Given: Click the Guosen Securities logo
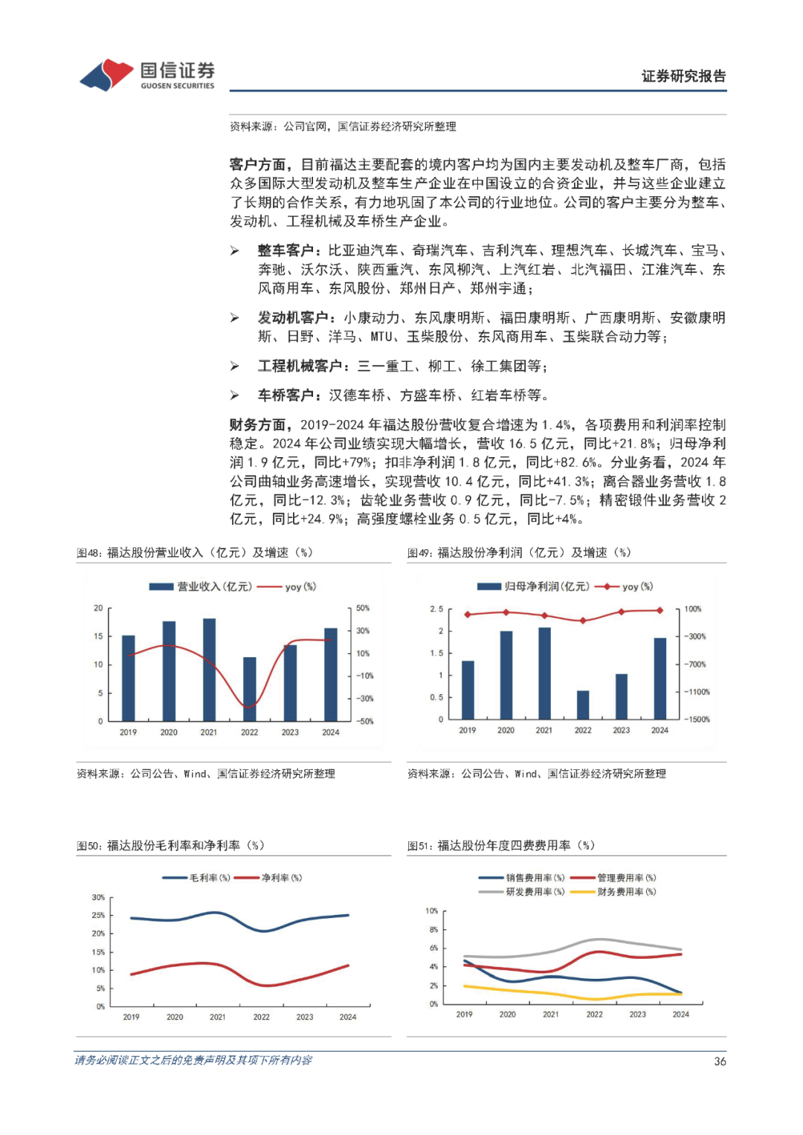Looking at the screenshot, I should tap(147, 75).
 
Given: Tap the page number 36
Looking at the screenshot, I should tap(720, 1061).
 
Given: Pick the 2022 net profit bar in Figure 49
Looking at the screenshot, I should tap(583, 705).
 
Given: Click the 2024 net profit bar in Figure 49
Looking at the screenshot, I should tap(660, 679).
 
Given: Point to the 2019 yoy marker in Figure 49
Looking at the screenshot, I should tap(468, 615).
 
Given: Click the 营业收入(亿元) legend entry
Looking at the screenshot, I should tap(201, 586).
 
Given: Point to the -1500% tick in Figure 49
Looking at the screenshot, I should tap(697, 720).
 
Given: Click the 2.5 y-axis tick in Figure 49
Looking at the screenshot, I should tap(436, 609).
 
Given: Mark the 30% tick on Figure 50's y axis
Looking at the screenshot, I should tap(98, 897).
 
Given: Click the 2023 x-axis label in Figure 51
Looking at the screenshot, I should tap(638, 1014).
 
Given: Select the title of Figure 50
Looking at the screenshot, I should tap(170, 845).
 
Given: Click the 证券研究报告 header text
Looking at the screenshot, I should tap(683, 76).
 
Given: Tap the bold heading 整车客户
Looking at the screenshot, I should tap(286, 250).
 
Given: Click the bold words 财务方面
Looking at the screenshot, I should tap(257, 424).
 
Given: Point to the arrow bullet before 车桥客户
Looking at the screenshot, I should tap(235, 395).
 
